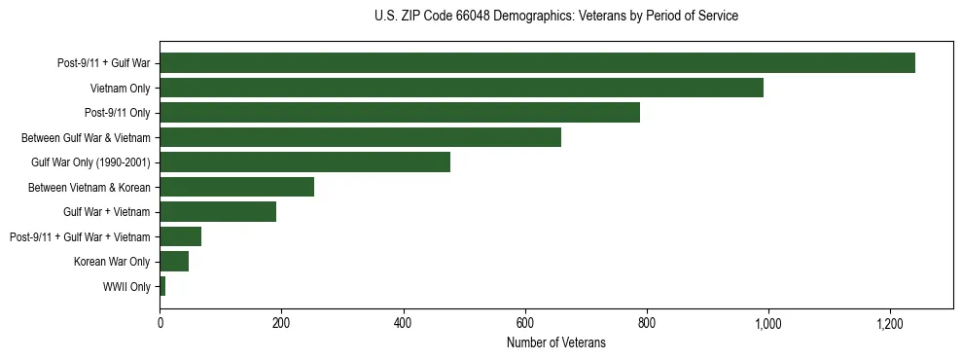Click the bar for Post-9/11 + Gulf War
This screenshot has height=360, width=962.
pyautogui.click(x=537, y=63)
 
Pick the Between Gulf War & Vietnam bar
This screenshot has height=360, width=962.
pyautogui.click(x=360, y=137)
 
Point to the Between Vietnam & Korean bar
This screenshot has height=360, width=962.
pyautogui.click(x=236, y=187)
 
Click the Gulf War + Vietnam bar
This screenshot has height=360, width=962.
pyautogui.click(x=218, y=211)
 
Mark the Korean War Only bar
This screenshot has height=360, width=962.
pyautogui.click(x=174, y=261)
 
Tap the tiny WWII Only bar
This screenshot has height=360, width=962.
pyautogui.click(x=162, y=286)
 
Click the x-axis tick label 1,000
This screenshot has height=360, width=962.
pyautogui.click(x=767, y=323)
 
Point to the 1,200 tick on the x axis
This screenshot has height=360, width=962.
pyautogui.click(x=889, y=323)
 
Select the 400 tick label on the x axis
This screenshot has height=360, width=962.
pyautogui.click(x=403, y=323)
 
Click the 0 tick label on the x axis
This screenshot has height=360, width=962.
pyautogui.click(x=160, y=323)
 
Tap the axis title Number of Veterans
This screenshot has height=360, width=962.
pyautogui.click(x=555, y=342)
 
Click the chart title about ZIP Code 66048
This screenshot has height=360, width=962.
pyautogui.click(x=555, y=17)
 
